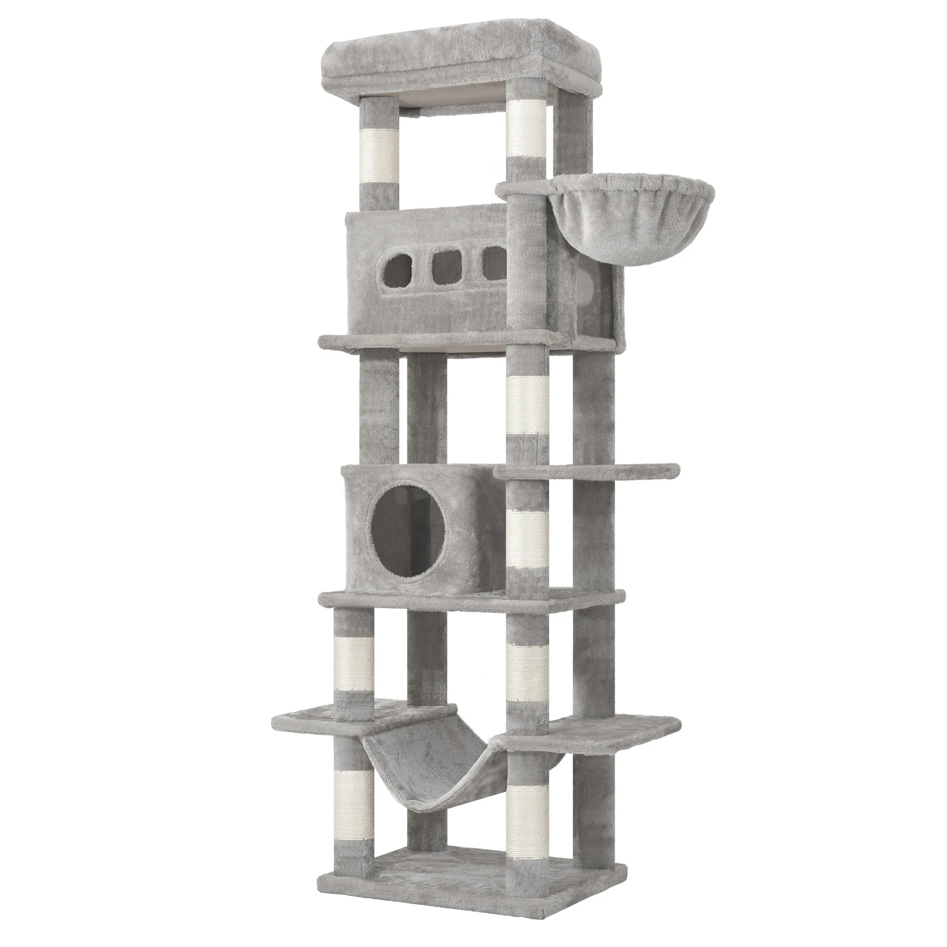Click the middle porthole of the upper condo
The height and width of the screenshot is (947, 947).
pyautogui.click(x=444, y=266)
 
